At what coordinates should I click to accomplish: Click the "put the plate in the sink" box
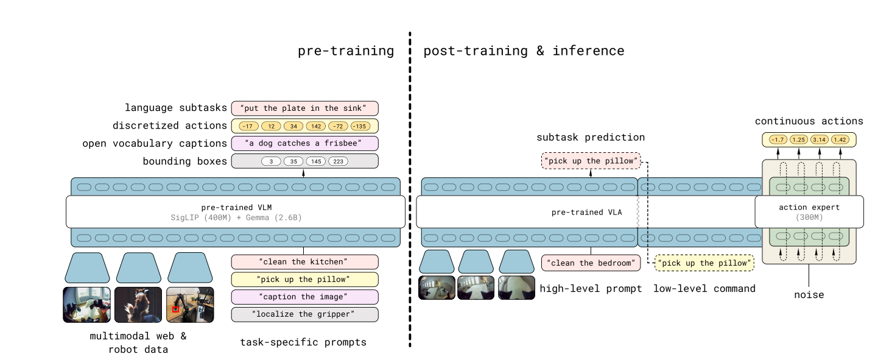point(304,108)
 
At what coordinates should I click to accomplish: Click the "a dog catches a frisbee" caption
point(304,144)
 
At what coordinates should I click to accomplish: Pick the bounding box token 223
point(339,161)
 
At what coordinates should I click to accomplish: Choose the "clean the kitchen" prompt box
point(304,262)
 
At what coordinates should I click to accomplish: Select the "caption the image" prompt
point(304,297)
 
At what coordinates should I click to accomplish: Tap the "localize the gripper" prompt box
point(304,315)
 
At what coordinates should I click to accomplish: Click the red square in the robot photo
point(175,309)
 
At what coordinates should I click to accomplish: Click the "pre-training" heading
point(345,51)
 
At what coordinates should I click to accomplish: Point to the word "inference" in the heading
point(588,51)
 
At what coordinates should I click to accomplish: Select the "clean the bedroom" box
point(591,263)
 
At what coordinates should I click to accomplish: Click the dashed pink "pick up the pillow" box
point(591,161)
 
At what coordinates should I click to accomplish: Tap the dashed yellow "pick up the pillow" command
point(704,263)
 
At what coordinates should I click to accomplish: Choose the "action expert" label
point(809,208)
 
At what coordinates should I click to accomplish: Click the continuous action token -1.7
point(777,140)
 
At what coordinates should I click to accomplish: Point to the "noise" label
point(809,295)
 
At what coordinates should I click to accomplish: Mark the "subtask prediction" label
point(590,137)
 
